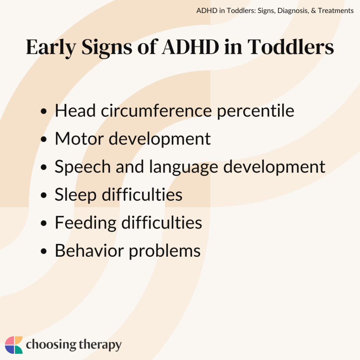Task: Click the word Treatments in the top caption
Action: (336, 11)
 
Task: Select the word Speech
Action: (82, 167)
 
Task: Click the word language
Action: (184, 167)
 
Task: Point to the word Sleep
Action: (75, 194)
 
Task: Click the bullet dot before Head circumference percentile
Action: (44, 112)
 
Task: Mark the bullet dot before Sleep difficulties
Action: (44, 195)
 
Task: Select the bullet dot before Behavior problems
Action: (44, 252)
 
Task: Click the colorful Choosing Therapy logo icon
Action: (14, 345)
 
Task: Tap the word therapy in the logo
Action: (99, 346)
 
